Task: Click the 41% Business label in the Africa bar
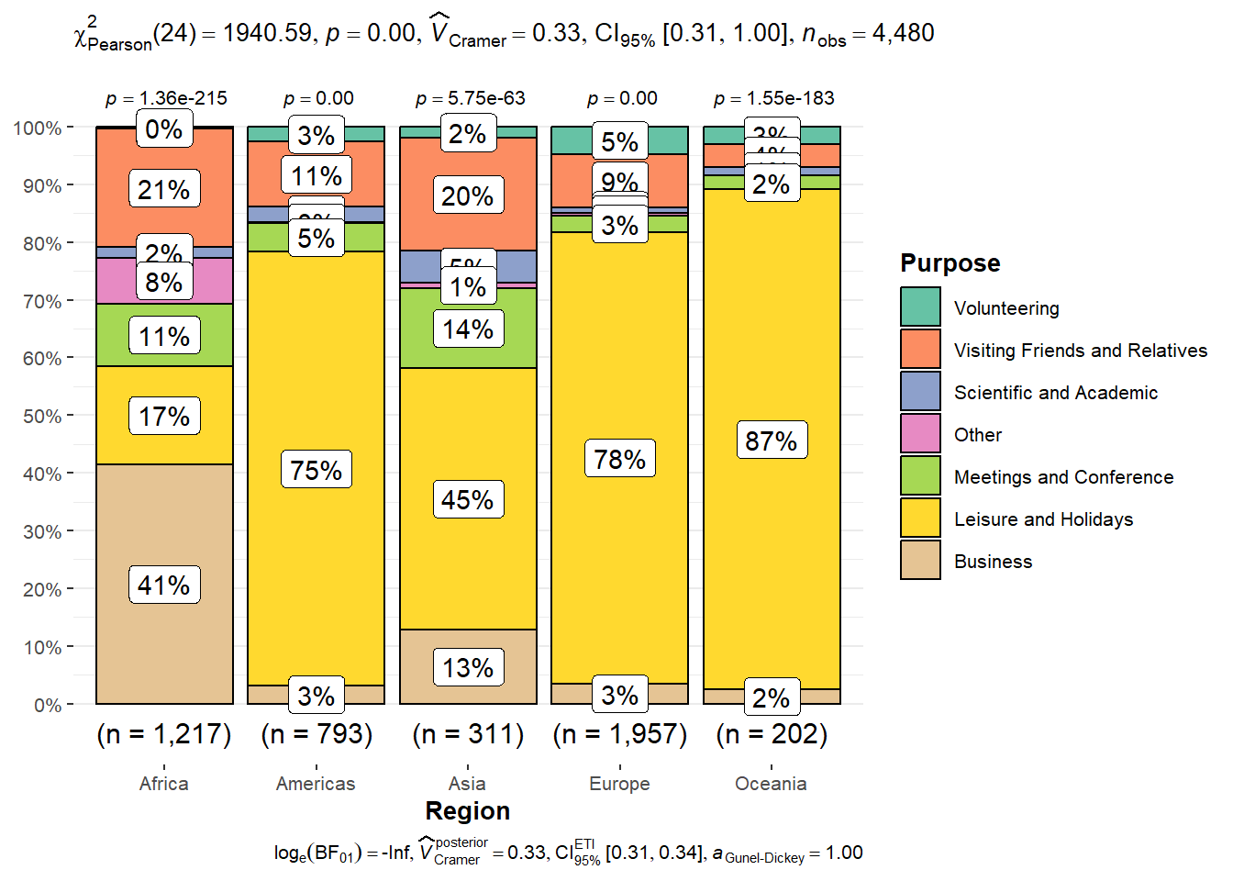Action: [164, 585]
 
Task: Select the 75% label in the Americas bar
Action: [316, 470]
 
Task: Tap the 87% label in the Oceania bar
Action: [772, 441]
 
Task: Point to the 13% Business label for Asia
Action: [468, 668]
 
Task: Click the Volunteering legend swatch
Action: [920, 307]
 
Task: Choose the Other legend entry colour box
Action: [920, 434]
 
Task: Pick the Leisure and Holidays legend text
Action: [1043, 519]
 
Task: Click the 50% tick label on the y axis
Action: [42, 417]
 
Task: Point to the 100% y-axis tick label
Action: [38, 128]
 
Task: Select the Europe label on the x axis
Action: [619, 784]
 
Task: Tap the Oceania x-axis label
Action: [771, 784]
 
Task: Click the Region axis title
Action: [468, 811]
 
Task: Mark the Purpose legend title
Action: [950, 263]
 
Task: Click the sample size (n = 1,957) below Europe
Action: [620, 734]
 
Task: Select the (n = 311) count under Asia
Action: [468, 734]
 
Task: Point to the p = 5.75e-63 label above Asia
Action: [470, 98]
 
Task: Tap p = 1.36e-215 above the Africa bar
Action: [166, 98]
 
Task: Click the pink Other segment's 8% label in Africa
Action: [164, 283]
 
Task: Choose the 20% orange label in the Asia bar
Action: [468, 196]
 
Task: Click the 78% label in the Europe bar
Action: [620, 459]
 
